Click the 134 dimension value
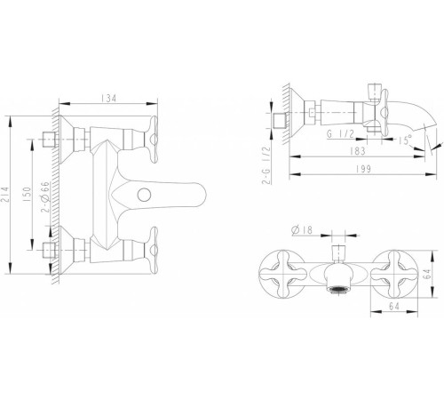[x=108, y=98]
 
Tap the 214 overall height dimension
[x=6, y=195]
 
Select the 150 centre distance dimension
[x=27, y=195]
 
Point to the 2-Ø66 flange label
[x=46, y=197]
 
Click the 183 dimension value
[x=358, y=151]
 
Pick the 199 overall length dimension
[x=363, y=169]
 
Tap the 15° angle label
[x=405, y=140]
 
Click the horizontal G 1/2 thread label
[x=340, y=134]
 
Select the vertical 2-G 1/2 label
[x=266, y=165]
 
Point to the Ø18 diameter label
[x=302, y=230]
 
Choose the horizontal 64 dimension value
[x=394, y=306]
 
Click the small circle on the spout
[x=145, y=195]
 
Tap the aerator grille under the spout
[x=337, y=289]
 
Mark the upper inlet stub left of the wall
[x=49, y=140]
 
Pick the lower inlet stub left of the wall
[x=49, y=251]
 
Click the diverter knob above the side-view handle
[x=373, y=92]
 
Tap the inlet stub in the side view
[x=281, y=121]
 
